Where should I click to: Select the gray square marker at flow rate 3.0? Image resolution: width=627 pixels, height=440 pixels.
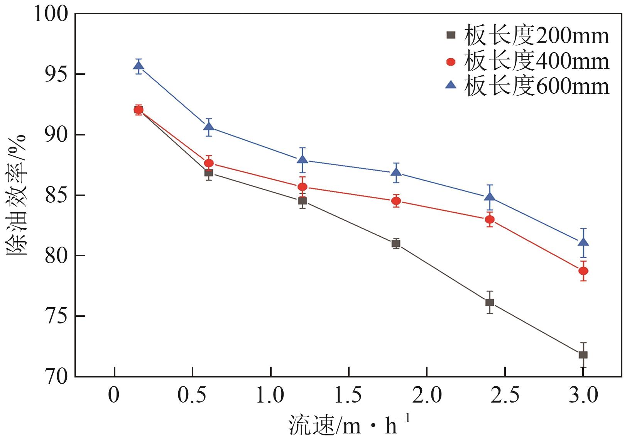pos(583,355)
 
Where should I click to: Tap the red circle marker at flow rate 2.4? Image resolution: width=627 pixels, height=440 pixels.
pos(490,220)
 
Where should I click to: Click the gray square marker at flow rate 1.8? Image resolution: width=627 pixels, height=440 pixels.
pos(396,244)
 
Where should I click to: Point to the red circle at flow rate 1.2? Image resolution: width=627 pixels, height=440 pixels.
pos(303,187)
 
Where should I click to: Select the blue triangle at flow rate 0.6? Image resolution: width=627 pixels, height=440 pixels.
pos(209,126)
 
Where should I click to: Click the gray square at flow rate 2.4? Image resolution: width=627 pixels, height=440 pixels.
pos(490,302)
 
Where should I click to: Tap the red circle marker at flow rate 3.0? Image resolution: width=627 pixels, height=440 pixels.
pos(583,271)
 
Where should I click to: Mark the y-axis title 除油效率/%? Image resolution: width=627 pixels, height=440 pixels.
pos(16,195)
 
